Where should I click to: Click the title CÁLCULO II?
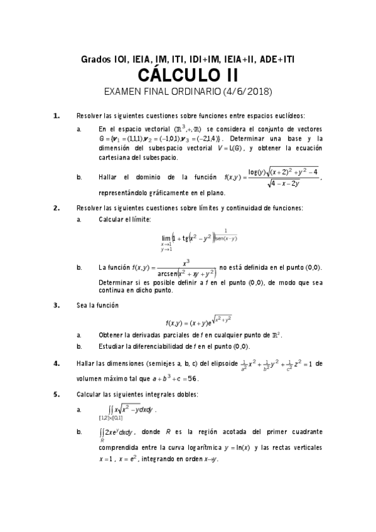pos(188,76)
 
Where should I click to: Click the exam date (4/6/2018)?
pos(247,92)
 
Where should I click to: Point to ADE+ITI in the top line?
pos(276,60)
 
